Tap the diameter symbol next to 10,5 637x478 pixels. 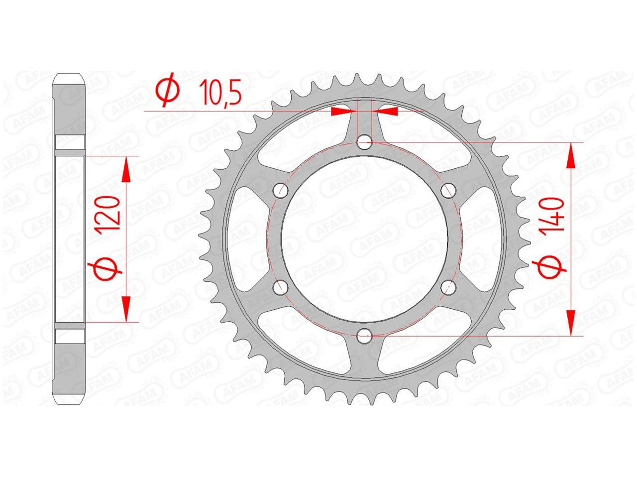click(x=168, y=90)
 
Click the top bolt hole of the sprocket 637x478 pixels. click(x=364, y=142)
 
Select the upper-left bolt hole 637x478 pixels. click(x=281, y=191)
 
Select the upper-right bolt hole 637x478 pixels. click(x=448, y=191)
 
